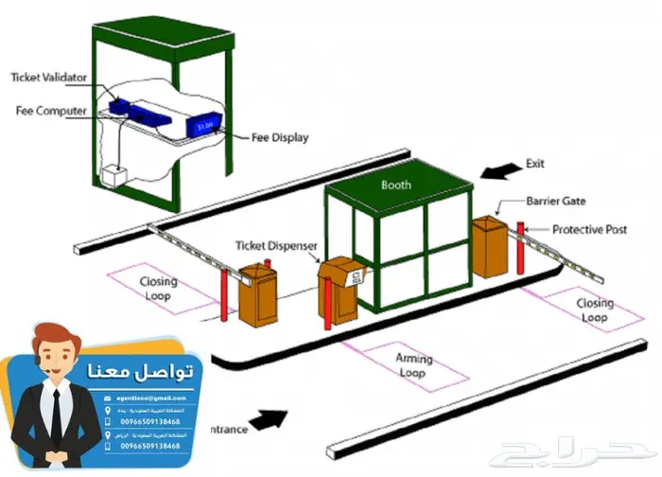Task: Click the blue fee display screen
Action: [206, 124]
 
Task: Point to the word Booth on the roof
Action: [395, 185]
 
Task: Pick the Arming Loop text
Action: [412, 365]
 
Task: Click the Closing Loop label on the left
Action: [159, 288]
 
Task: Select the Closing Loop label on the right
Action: [594, 310]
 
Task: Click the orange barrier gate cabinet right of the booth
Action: [490, 245]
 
